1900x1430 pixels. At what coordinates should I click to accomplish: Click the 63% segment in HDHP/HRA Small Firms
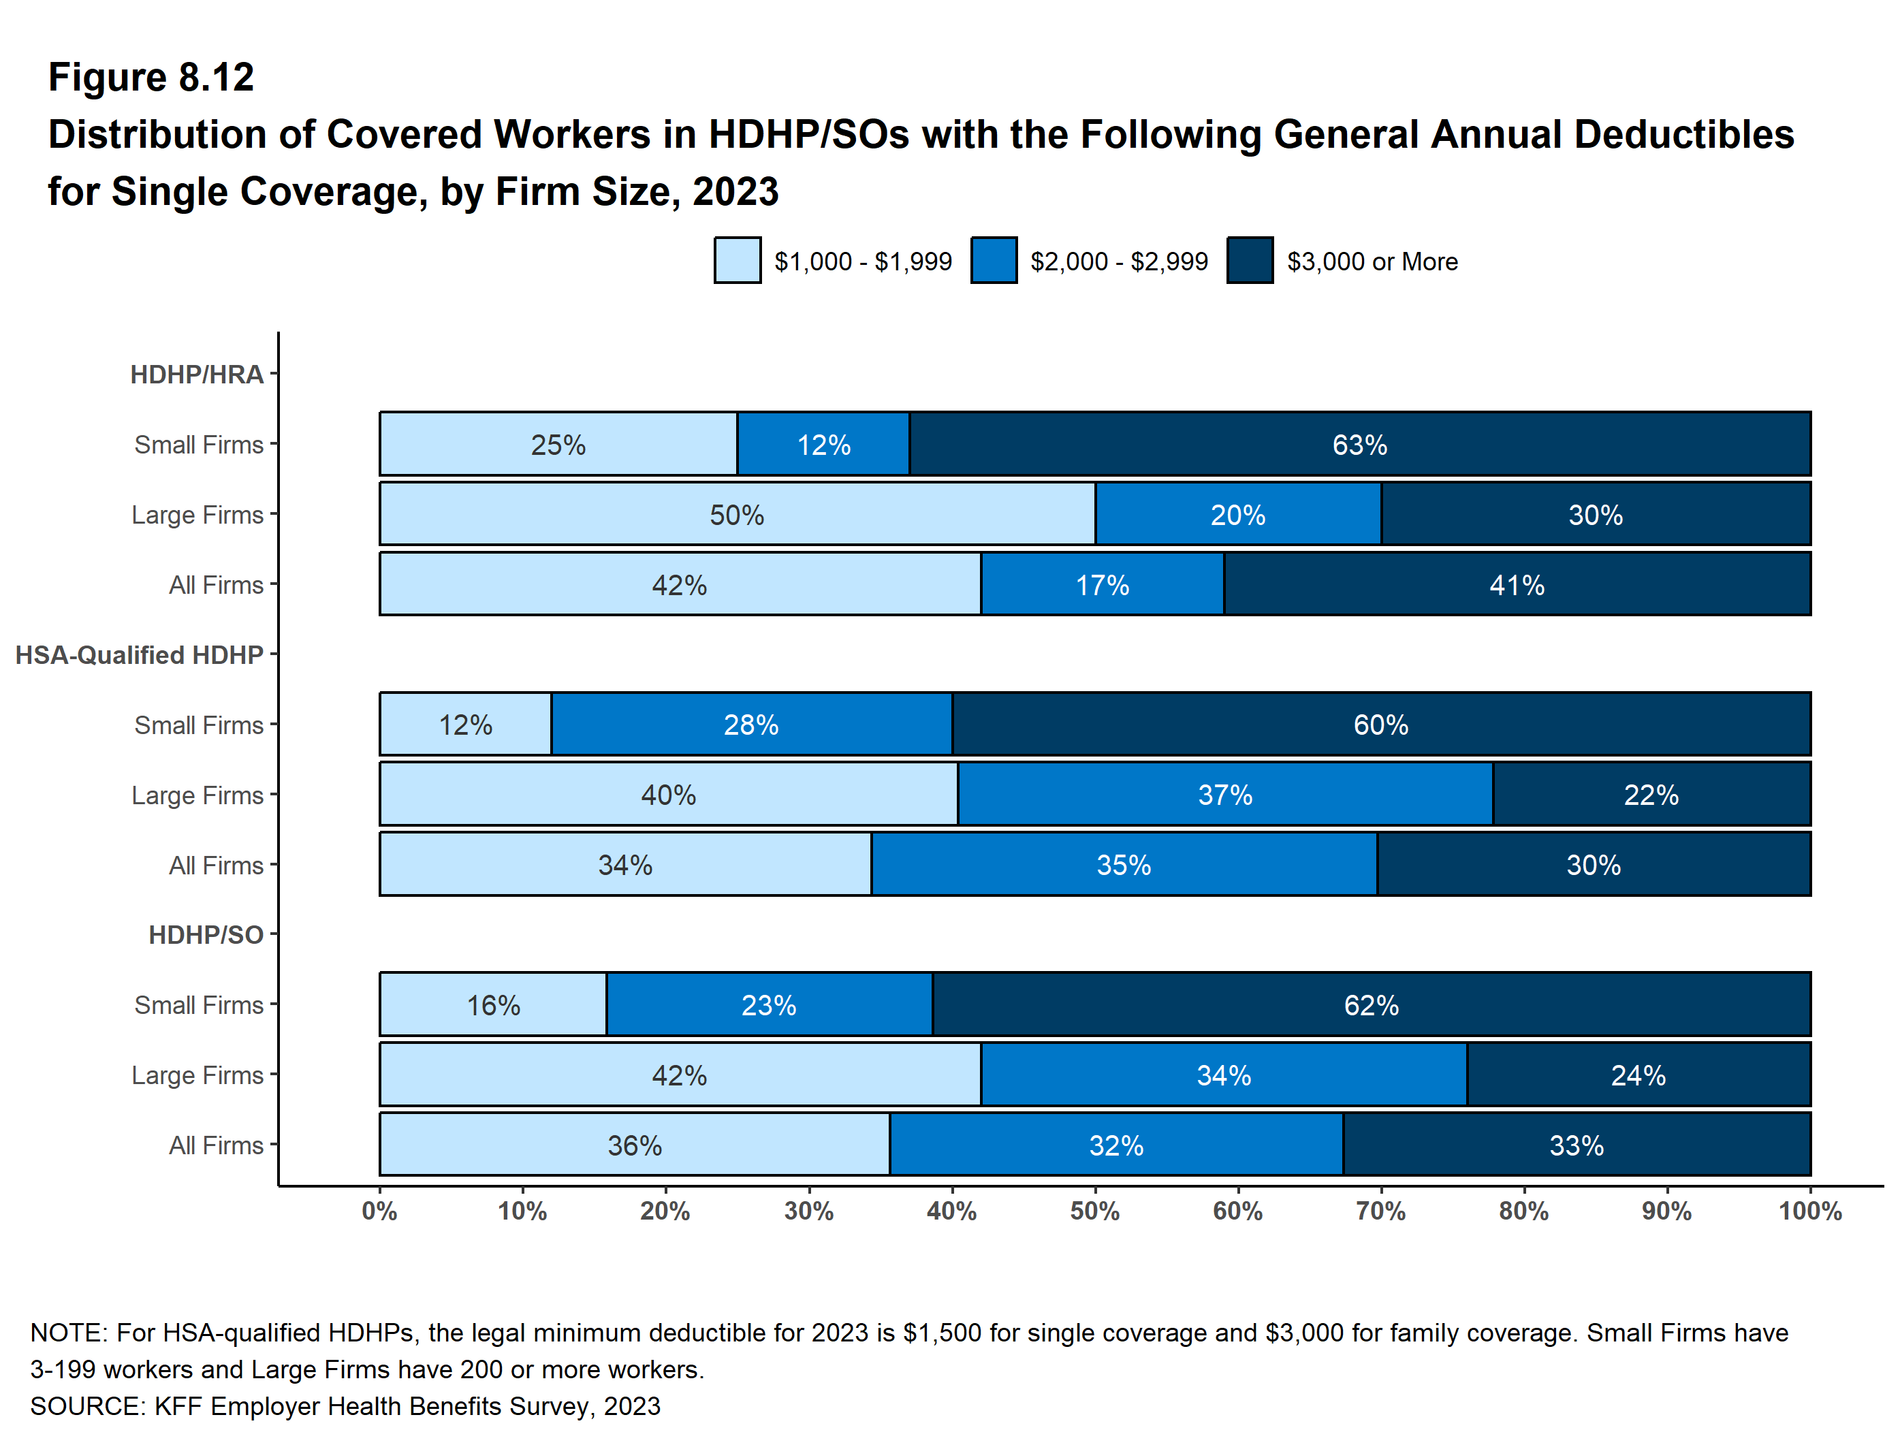tap(1360, 444)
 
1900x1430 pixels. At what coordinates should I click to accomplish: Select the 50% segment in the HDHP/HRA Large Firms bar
tap(737, 514)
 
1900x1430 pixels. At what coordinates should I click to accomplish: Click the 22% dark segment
tap(1651, 795)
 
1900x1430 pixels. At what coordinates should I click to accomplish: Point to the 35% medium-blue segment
tap(1124, 865)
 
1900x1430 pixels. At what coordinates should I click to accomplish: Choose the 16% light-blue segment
tap(493, 1005)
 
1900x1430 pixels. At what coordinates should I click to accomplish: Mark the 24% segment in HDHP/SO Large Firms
tap(1638, 1075)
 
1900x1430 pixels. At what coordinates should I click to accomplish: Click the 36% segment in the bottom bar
tap(635, 1145)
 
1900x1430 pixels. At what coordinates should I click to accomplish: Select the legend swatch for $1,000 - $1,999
tap(737, 261)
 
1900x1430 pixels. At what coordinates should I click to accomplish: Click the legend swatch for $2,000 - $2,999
tap(994, 261)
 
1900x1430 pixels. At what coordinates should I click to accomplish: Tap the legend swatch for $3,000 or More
tap(1250, 261)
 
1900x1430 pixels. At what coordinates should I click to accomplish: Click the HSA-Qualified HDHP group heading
tap(139, 655)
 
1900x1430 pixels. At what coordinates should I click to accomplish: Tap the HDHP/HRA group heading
tap(197, 375)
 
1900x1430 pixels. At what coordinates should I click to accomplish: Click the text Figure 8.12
tap(151, 78)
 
